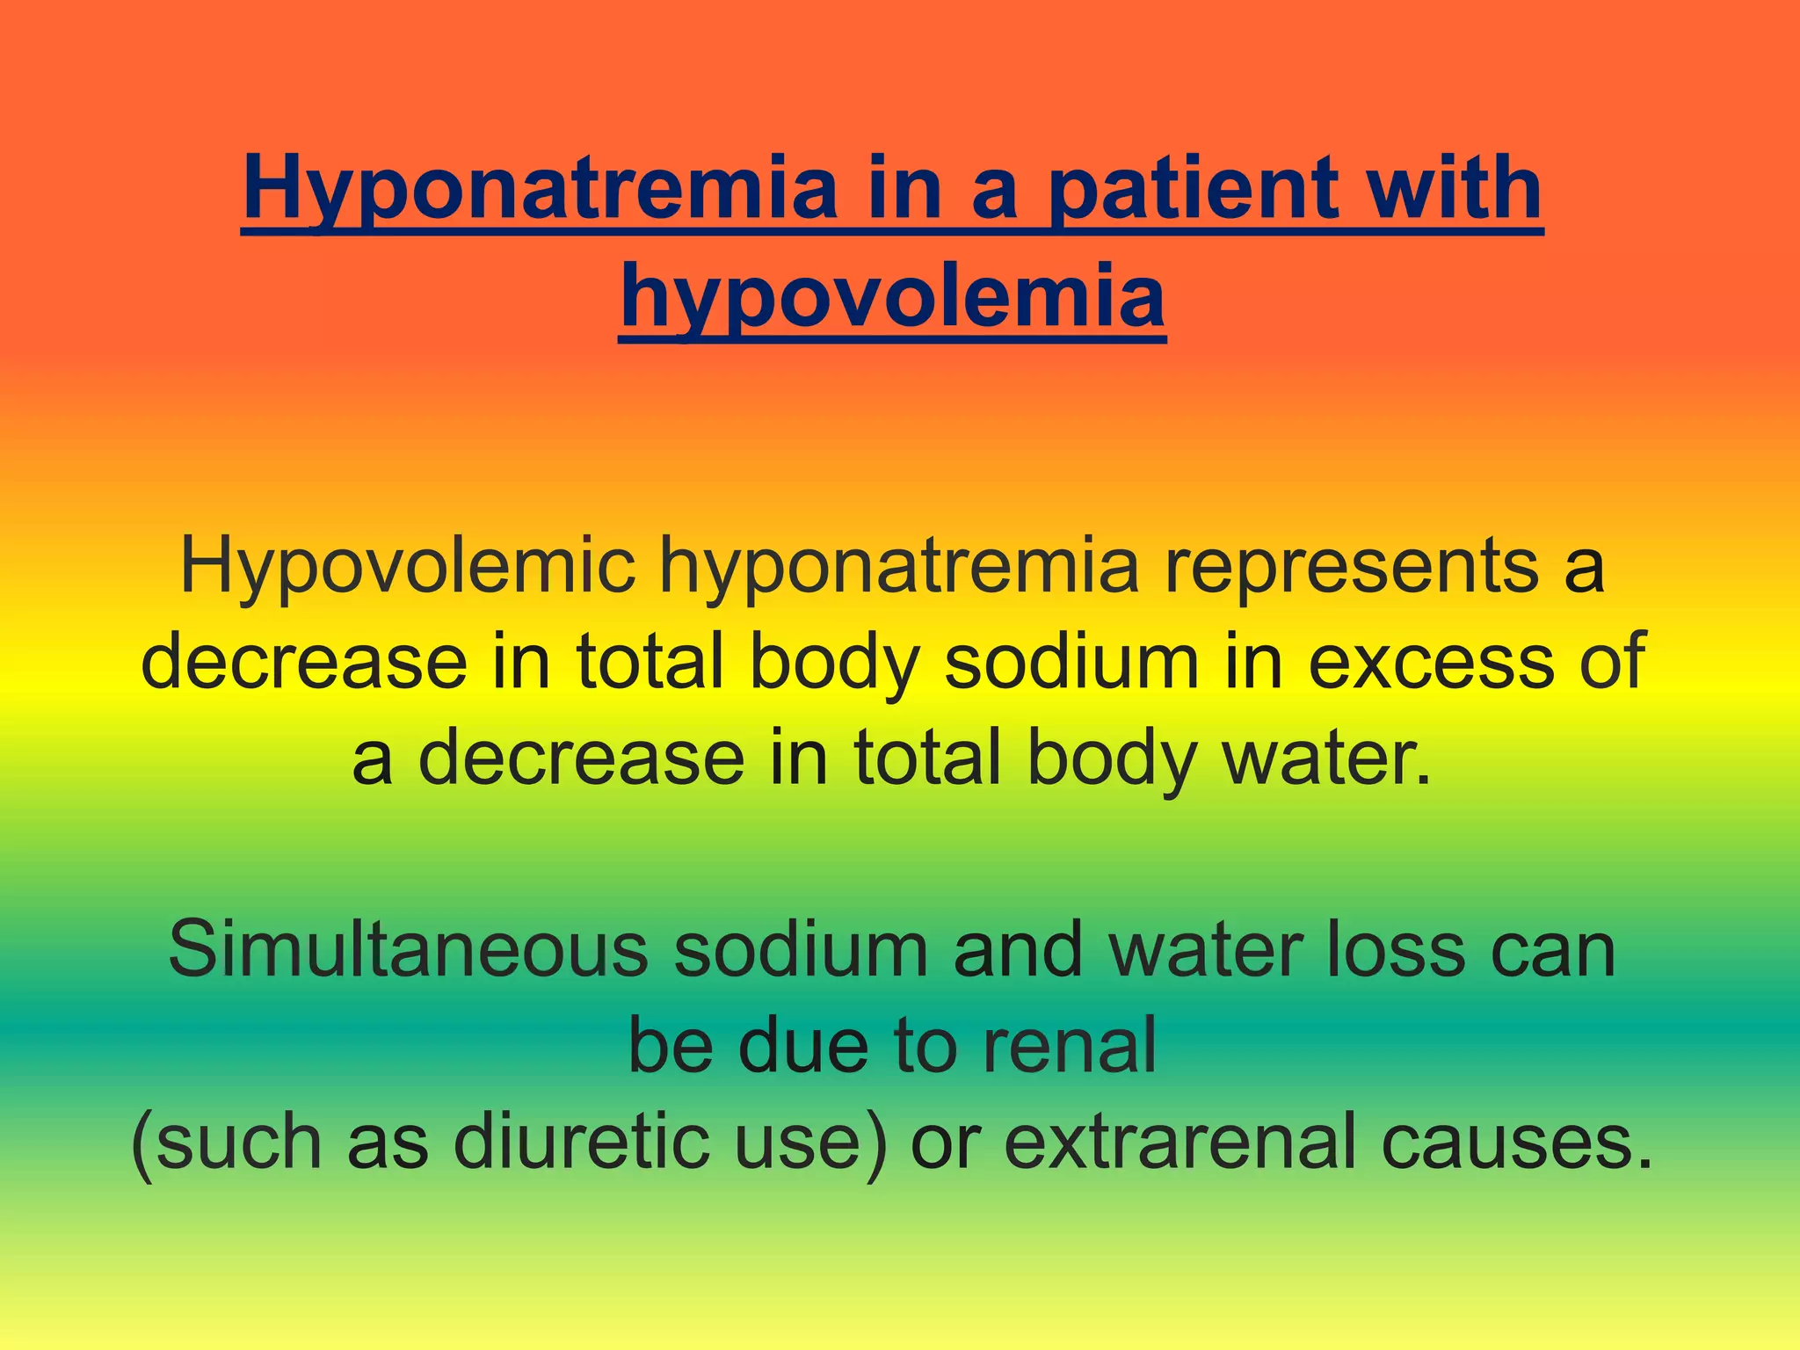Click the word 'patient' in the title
(1195, 189)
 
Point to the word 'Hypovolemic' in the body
(408, 567)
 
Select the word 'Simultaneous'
(408, 949)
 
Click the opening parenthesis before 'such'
(142, 1143)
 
